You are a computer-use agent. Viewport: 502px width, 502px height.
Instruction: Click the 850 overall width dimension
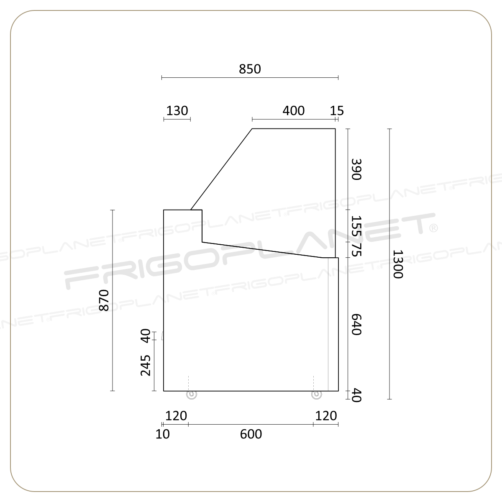[250, 69]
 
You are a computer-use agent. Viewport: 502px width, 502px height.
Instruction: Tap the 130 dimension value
[177, 111]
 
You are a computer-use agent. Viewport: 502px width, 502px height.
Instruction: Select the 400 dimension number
[294, 111]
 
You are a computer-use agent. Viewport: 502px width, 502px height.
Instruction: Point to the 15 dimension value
[337, 111]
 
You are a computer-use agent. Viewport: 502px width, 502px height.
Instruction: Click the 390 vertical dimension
[356, 169]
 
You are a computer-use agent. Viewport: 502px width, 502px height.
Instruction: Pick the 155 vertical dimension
[356, 226]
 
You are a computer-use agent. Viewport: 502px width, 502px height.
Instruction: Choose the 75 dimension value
[356, 250]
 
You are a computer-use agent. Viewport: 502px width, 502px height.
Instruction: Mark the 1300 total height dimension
[398, 264]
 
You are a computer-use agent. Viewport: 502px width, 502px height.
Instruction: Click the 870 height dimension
[104, 300]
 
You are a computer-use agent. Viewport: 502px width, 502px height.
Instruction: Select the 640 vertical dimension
[356, 324]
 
